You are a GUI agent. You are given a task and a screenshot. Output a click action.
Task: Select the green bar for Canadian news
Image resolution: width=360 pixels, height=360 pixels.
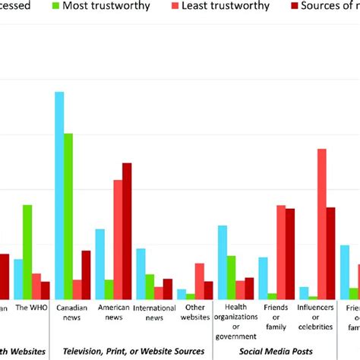(x=68, y=216)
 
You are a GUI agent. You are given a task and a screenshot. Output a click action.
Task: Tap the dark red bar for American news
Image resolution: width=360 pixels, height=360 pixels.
(x=127, y=231)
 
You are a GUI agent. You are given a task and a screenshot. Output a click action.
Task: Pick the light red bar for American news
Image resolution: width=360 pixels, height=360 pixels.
(x=118, y=239)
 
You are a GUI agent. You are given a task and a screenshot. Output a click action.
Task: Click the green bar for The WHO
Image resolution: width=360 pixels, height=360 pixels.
(x=27, y=251)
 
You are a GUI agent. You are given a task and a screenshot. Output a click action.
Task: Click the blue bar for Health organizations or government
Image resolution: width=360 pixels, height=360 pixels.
(x=223, y=262)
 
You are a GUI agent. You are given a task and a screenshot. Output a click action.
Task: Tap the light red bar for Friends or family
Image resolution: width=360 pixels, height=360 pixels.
(x=281, y=251)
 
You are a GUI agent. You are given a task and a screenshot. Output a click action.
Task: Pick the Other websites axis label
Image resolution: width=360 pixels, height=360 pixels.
(x=194, y=312)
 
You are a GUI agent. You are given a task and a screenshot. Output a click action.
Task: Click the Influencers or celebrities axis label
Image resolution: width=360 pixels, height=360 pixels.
(x=314, y=317)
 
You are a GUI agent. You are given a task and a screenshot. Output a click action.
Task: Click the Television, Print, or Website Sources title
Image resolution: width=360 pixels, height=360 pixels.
(x=133, y=351)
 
